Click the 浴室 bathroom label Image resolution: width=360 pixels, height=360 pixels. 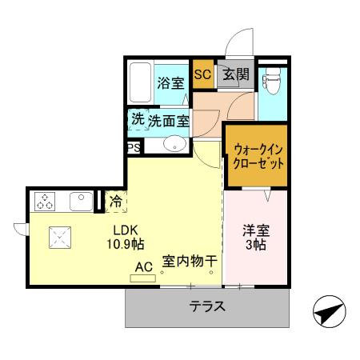170,82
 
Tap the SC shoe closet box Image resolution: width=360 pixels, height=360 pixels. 202,75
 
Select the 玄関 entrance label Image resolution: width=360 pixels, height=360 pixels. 236,75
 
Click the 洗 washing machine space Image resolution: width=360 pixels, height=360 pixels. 138,120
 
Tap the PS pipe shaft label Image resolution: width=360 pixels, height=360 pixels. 133,147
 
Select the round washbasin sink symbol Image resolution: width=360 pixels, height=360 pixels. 174,145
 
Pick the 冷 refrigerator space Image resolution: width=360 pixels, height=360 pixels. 116,202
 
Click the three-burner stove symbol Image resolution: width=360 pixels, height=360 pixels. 43,201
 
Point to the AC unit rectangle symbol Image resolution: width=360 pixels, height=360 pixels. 143,278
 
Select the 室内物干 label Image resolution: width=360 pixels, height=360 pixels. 190,261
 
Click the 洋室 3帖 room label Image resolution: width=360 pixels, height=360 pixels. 256,238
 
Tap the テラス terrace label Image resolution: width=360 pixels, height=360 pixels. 206,306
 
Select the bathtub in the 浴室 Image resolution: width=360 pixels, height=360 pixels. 141,83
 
